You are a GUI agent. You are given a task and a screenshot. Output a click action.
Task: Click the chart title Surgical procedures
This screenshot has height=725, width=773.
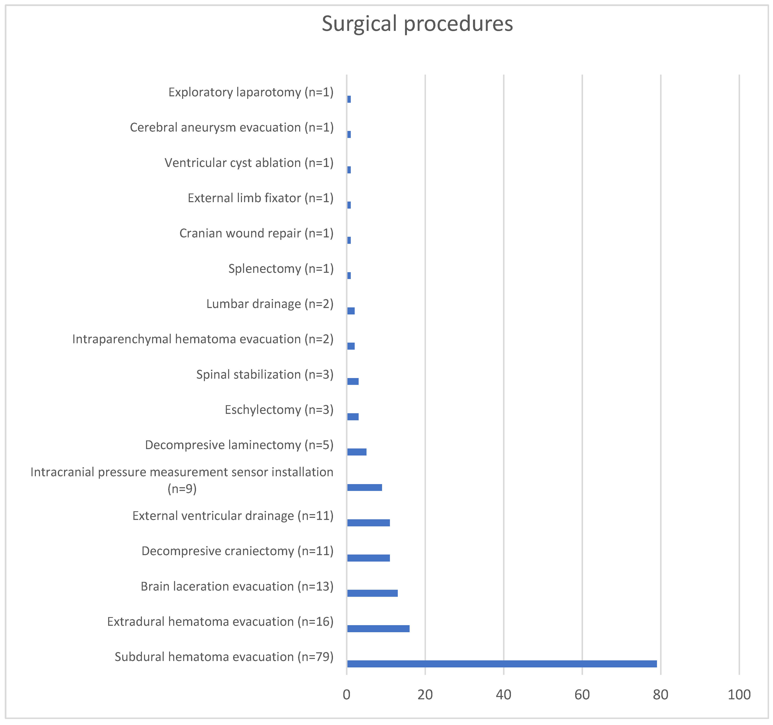click(x=417, y=24)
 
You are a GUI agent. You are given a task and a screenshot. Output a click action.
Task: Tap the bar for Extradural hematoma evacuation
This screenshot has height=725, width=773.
click(x=378, y=629)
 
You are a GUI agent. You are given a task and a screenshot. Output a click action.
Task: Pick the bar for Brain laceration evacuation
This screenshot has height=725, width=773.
click(x=372, y=593)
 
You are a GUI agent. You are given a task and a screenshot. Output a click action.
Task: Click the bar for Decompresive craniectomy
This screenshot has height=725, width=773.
click(x=368, y=558)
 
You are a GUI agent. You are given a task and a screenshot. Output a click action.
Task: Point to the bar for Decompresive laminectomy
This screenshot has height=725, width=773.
click(x=357, y=452)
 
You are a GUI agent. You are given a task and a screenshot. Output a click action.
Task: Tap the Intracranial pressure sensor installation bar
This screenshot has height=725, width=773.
click(x=364, y=487)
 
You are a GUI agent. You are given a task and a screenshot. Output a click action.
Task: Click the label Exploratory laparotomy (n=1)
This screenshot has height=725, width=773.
click(x=251, y=92)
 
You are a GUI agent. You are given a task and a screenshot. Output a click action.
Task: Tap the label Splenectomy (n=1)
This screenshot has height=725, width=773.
click(x=281, y=269)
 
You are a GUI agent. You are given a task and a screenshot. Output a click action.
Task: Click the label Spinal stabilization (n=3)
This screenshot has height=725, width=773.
click(x=265, y=374)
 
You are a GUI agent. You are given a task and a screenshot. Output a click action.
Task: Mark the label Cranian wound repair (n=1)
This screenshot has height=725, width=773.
click(x=256, y=233)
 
